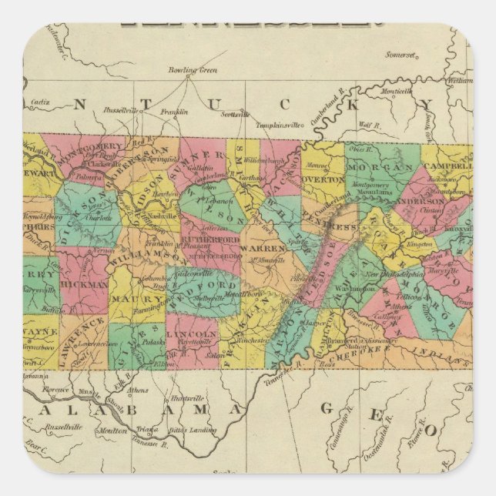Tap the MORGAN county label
[377, 167]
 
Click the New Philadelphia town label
[395, 273]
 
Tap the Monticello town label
[394, 91]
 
